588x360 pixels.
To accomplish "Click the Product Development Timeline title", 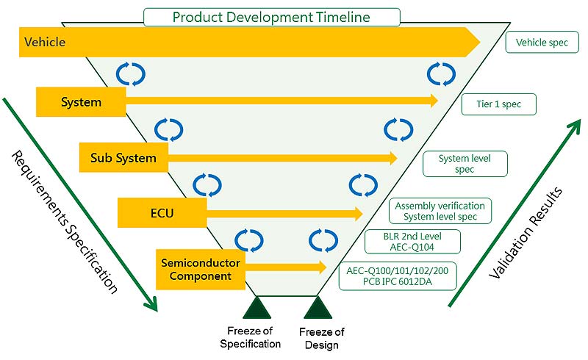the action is click(x=271, y=17).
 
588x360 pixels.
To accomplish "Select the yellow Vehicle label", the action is click(x=45, y=42).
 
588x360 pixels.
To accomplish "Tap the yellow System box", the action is click(x=81, y=102).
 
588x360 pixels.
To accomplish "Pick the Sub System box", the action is click(x=123, y=157).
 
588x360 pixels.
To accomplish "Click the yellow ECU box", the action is click(x=162, y=212).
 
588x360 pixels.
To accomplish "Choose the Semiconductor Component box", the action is click(x=201, y=269).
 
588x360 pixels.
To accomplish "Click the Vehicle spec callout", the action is click(x=542, y=42).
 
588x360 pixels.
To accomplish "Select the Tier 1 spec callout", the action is click(x=499, y=104).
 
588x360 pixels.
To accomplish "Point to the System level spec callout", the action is click(x=465, y=164).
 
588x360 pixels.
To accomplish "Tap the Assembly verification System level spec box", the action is click(x=440, y=211).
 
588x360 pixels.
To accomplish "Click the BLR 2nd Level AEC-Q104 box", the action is click(x=412, y=242).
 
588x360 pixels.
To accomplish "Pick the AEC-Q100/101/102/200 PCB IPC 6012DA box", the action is click(x=398, y=276).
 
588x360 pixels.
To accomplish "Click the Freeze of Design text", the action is click(x=322, y=338).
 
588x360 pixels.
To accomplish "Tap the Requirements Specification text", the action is click(x=65, y=222).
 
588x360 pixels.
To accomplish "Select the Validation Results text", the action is click(x=526, y=233).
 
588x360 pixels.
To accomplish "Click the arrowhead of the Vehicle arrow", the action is click(x=473, y=42).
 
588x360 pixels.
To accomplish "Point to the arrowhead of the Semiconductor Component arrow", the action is click(x=322, y=267).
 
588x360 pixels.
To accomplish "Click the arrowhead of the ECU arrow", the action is click(x=358, y=213).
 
